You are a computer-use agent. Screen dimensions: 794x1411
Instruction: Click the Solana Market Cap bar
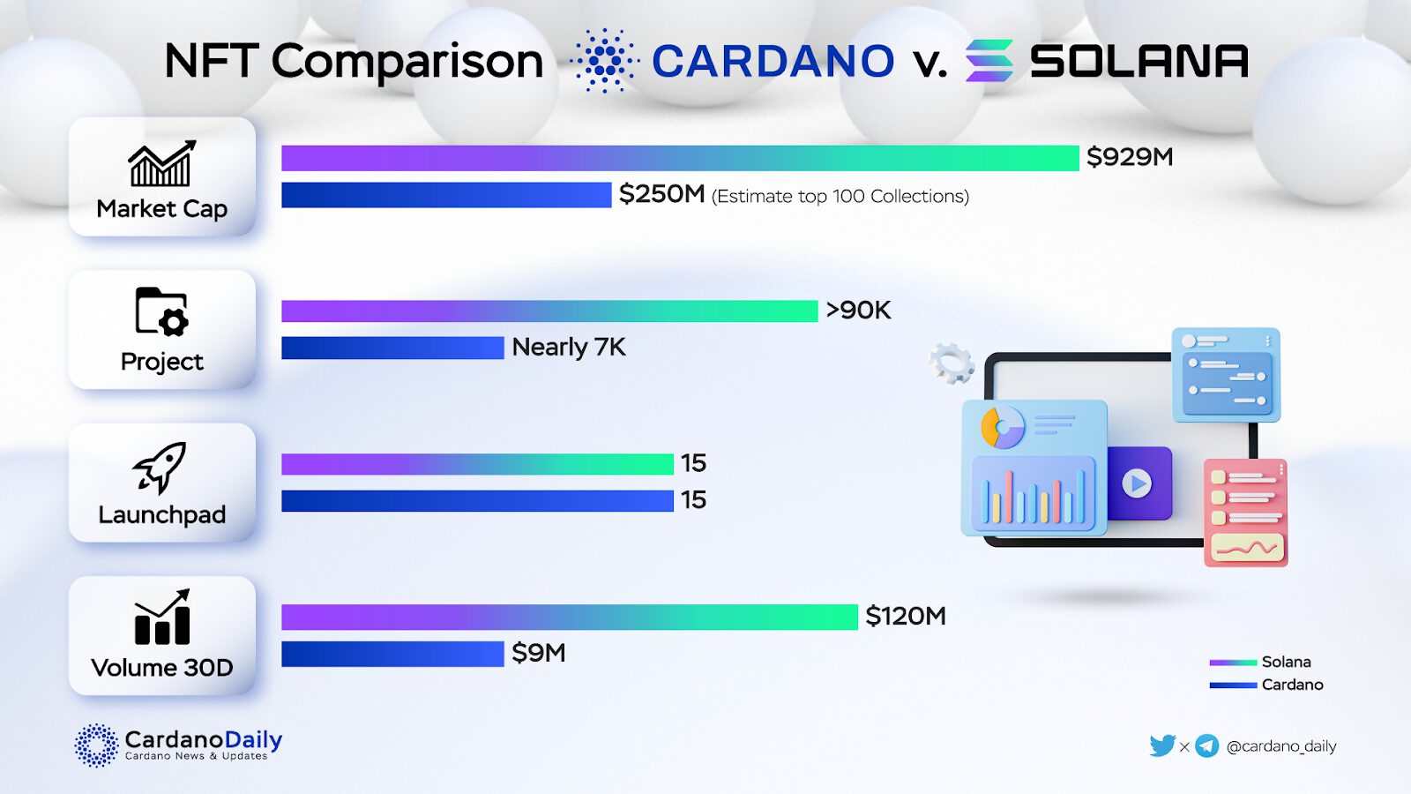tap(680, 158)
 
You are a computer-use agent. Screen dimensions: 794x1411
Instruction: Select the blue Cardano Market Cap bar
tap(446, 195)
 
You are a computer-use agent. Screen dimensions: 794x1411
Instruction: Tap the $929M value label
tap(1130, 157)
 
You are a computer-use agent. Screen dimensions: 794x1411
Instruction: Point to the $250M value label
tap(661, 194)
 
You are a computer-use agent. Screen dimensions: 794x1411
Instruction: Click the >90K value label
tap(858, 311)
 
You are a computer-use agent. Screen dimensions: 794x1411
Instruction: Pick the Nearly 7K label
tap(569, 348)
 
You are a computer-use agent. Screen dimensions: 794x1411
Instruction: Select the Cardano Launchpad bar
tap(477, 501)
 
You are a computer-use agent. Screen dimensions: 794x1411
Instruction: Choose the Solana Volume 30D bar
tap(570, 617)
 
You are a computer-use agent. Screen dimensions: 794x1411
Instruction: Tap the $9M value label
tap(539, 654)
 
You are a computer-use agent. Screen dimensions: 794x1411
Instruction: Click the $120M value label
tap(906, 616)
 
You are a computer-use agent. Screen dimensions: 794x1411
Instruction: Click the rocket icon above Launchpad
tap(161, 468)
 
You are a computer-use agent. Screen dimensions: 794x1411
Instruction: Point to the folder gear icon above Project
tap(161, 311)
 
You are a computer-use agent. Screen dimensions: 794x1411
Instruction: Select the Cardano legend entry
tap(1266, 685)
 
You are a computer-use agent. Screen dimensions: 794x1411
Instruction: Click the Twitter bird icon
tap(1161, 746)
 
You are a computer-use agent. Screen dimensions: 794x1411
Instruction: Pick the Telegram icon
tap(1206, 746)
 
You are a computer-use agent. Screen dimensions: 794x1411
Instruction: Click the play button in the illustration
tap(1137, 483)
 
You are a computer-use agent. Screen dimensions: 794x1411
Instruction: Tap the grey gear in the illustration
tap(952, 363)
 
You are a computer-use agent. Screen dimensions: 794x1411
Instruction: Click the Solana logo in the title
tap(989, 61)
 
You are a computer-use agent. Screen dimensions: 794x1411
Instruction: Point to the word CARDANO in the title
tap(773, 62)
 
